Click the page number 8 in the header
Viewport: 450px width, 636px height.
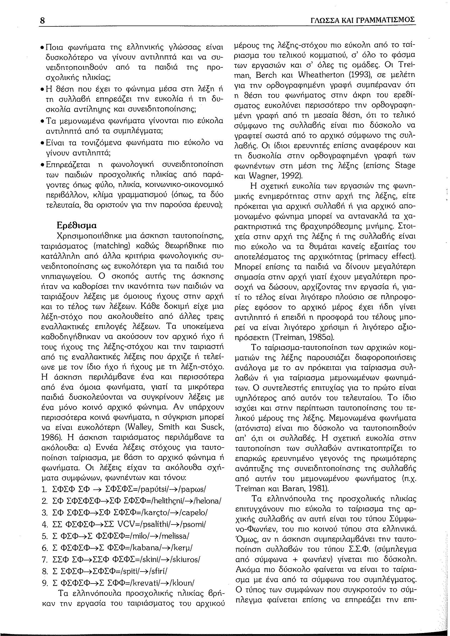43,21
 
